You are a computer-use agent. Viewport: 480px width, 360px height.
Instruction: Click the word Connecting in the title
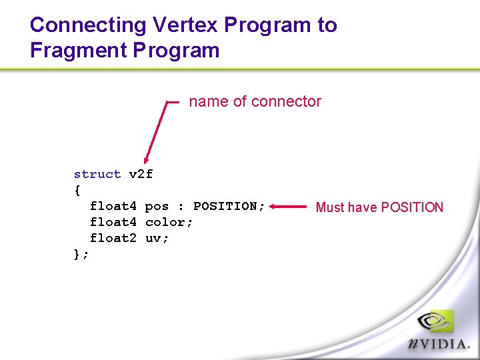click(x=89, y=25)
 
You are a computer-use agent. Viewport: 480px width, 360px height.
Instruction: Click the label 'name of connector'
click(x=255, y=101)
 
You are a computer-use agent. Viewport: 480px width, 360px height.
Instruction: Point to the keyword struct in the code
click(x=97, y=175)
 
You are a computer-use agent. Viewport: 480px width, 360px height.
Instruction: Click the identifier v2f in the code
click(x=141, y=175)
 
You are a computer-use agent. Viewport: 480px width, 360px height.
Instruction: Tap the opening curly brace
click(x=77, y=191)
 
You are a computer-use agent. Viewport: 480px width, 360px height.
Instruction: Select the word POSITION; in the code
click(x=229, y=206)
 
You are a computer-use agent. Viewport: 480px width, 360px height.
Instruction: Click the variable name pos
click(x=157, y=206)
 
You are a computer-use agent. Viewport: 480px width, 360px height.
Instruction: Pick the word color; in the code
click(x=169, y=222)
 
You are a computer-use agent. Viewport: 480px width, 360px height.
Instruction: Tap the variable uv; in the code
click(x=157, y=238)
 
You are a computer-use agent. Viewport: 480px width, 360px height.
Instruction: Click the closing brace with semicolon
click(x=81, y=254)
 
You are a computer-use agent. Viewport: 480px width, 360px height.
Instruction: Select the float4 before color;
click(x=113, y=222)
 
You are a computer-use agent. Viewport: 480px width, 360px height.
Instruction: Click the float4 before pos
click(x=113, y=206)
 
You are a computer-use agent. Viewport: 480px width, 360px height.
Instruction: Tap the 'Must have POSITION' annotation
click(x=379, y=207)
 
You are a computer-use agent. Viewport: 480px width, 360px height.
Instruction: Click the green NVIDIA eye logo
click(x=435, y=321)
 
